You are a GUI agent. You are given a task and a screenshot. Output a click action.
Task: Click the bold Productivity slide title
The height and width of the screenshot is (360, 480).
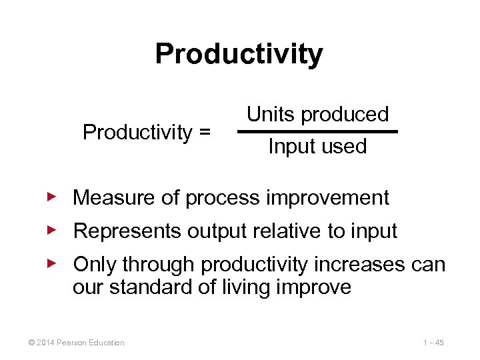click(x=239, y=54)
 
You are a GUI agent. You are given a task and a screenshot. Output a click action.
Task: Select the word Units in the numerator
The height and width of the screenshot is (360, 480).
click(x=271, y=114)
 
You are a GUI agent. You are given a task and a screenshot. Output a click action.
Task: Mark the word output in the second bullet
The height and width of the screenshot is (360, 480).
click(x=215, y=231)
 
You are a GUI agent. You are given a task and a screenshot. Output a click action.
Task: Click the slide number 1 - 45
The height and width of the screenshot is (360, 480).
click(x=433, y=343)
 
